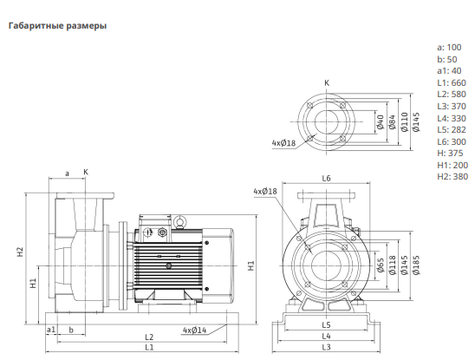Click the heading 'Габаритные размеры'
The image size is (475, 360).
pyautogui.click(x=57, y=26)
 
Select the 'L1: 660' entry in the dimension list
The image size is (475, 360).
pyautogui.click(x=452, y=82)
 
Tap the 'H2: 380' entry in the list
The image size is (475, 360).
pyautogui.click(x=452, y=176)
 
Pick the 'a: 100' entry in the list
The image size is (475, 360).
pyautogui.click(x=449, y=48)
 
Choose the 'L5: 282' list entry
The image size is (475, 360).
pyautogui.click(x=452, y=130)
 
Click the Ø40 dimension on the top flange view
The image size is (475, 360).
pyautogui.click(x=381, y=122)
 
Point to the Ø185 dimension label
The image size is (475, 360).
pyautogui.click(x=416, y=265)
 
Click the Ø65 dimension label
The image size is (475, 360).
pyautogui.click(x=381, y=265)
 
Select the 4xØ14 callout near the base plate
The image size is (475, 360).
pyautogui.click(x=194, y=330)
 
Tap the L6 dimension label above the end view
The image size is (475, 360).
pyautogui.click(x=326, y=179)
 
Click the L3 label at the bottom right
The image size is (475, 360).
pyautogui.click(x=326, y=347)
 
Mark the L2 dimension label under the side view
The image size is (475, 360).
pyautogui.click(x=149, y=337)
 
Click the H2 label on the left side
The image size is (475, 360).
pyautogui.click(x=20, y=252)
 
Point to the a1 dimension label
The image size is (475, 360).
pyautogui.click(x=51, y=330)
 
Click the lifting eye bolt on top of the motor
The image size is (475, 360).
pyautogui.click(x=179, y=221)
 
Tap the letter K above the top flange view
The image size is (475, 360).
pyautogui.click(x=327, y=82)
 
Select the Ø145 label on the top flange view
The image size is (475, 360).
pyautogui.click(x=416, y=122)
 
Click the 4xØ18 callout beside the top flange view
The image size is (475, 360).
pyautogui.click(x=283, y=142)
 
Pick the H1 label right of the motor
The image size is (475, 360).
pyautogui.click(x=251, y=266)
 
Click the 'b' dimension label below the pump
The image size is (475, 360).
pyautogui.click(x=71, y=330)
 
